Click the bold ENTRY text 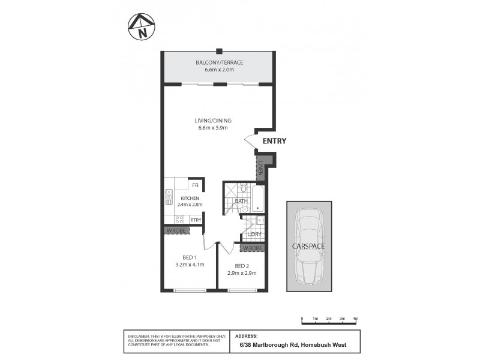(274, 142)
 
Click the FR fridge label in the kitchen (195, 185)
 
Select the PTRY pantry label (195, 220)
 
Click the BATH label (241, 201)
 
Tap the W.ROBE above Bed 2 (252, 248)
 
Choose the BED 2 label (242, 266)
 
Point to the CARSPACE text (308, 247)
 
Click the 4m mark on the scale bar (355, 318)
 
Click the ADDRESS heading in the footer (247, 336)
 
